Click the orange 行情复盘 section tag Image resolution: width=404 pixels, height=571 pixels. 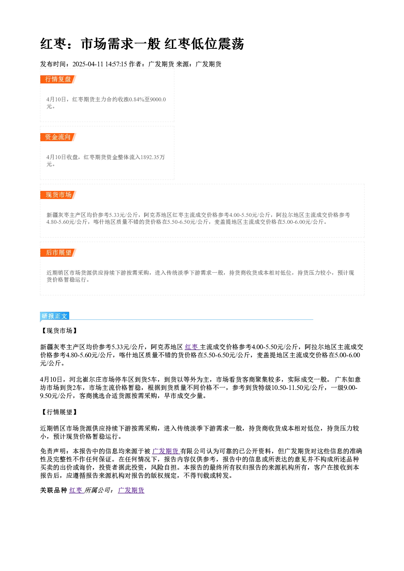click(58, 79)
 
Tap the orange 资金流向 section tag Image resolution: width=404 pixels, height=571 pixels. click(58, 137)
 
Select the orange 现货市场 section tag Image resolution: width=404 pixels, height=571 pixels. click(58, 195)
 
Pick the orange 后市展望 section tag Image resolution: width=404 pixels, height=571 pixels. click(58, 253)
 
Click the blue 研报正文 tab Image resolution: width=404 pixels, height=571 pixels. click(55, 316)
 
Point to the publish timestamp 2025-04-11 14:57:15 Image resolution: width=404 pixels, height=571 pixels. click(100, 64)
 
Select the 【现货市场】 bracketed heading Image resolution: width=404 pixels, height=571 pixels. click(59, 331)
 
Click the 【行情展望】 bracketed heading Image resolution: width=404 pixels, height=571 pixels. click(59, 412)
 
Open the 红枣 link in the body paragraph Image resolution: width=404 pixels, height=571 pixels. click(191, 347)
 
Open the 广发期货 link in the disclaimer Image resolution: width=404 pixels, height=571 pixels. click(165, 451)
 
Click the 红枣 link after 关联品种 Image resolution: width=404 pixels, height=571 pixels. click(76, 490)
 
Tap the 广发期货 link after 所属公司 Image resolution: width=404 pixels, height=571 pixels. click(131, 490)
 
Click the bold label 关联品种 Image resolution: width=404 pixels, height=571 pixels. click(54, 490)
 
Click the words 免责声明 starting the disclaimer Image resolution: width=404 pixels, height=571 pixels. click(53, 451)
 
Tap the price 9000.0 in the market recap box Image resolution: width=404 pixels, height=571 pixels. click(158, 99)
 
